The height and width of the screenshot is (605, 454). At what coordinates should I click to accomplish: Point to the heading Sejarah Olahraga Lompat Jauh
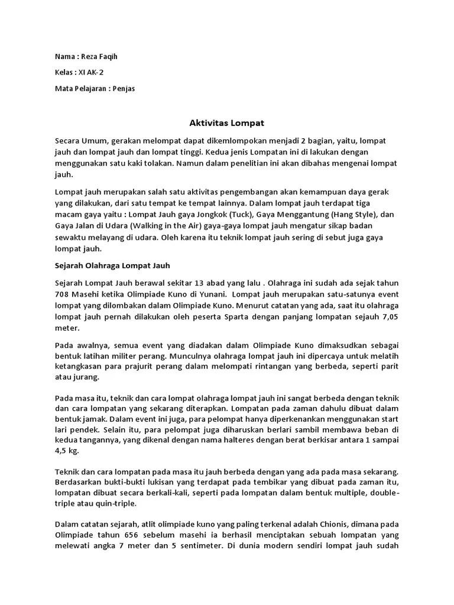click(112, 265)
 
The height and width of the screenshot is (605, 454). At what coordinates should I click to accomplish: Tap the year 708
click(62, 294)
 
